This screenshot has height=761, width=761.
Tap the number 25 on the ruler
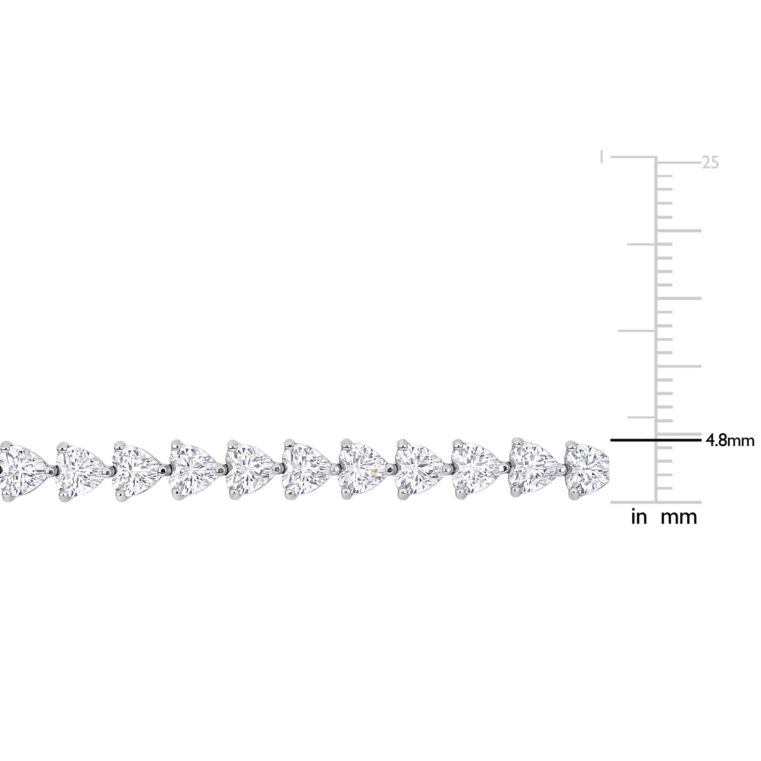click(710, 163)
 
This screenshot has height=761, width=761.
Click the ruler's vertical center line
click(655, 317)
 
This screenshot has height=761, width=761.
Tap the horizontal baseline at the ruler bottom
click(655, 502)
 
